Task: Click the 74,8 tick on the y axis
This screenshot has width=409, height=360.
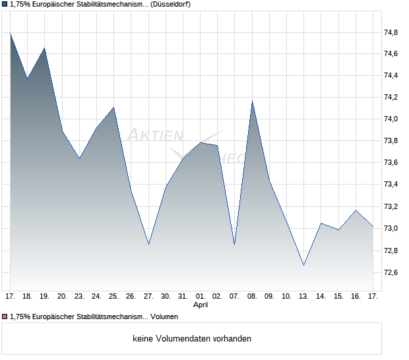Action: pyautogui.click(x=391, y=32)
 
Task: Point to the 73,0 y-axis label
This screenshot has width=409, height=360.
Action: pyautogui.click(x=391, y=229)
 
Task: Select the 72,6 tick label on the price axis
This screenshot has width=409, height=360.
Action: pyautogui.click(x=391, y=272)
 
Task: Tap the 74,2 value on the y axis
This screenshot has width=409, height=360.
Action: pyautogui.click(x=391, y=98)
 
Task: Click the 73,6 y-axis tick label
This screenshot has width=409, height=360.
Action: pyautogui.click(x=391, y=163)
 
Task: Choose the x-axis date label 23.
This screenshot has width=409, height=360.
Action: pyautogui.click(x=79, y=297)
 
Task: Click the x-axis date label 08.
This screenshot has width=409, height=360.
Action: pyautogui.click(x=252, y=297)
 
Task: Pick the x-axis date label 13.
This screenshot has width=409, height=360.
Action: pyautogui.click(x=303, y=297)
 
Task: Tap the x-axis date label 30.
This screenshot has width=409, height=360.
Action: pyautogui.click(x=166, y=297)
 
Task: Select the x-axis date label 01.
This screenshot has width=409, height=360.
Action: pyautogui.click(x=201, y=297)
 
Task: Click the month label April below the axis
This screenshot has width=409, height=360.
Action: pyautogui.click(x=201, y=305)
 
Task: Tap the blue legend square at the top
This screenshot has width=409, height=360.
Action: pyautogui.click(x=5, y=5)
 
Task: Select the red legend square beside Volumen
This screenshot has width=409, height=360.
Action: pyautogui.click(x=5, y=316)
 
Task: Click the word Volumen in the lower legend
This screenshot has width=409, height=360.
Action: pyautogui.click(x=164, y=316)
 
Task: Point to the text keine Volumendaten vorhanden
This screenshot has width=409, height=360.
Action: pyautogui.click(x=192, y=339)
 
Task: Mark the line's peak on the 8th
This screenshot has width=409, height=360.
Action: pyautogui.click(x=252, y=101)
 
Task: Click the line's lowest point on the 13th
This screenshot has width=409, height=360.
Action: pyautogui.click(x=303, y=265)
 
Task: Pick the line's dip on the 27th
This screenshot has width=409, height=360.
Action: pyautogui.click(x=148, y=244)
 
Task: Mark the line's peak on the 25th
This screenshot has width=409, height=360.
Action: pyautogui.click(x=114, y=107)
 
